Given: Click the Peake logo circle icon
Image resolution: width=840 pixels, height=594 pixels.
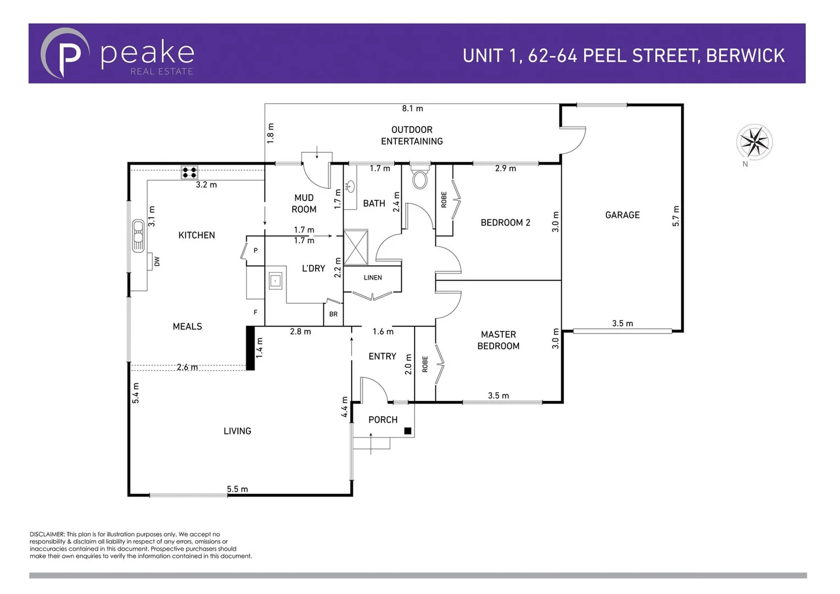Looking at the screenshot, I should pos(65,53).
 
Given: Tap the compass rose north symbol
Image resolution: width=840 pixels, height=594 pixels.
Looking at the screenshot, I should pos(754,142).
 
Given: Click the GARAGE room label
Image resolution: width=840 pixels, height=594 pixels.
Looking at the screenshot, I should pos(622,215).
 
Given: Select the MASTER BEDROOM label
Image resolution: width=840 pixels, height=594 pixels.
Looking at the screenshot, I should pos(498,340).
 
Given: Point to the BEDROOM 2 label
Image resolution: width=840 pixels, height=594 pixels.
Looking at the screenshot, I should pos(505,223).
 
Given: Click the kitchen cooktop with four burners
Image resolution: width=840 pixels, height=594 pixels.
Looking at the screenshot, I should pos(190,173).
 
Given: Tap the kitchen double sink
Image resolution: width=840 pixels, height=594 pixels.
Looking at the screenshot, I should pos(138,236).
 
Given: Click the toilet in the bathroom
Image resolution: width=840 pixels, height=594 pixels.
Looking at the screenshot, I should pos(420,177).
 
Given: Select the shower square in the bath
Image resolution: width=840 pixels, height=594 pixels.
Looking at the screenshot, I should pos(356,248).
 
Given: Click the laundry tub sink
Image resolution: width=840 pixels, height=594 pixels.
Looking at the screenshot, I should pos(275,281).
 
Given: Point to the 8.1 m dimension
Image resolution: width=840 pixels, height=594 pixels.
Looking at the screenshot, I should pos(412,109).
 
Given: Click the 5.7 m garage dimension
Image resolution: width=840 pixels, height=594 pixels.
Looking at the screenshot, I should pos(676,216).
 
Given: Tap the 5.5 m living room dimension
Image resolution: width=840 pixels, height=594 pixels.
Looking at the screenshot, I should pos(237,489).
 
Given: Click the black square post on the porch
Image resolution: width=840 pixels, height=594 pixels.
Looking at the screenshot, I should pos(408,431).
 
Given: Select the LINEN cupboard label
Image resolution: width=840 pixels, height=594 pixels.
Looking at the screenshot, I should pos(373,278).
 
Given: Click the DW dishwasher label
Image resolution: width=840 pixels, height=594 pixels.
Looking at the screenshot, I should pos(157,261).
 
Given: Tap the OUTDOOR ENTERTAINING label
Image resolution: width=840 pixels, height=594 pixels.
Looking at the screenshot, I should pos(412,135).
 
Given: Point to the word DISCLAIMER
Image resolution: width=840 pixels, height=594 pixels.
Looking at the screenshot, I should pos(47,534).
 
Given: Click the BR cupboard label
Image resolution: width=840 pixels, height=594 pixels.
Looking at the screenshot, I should pos(334,315).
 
